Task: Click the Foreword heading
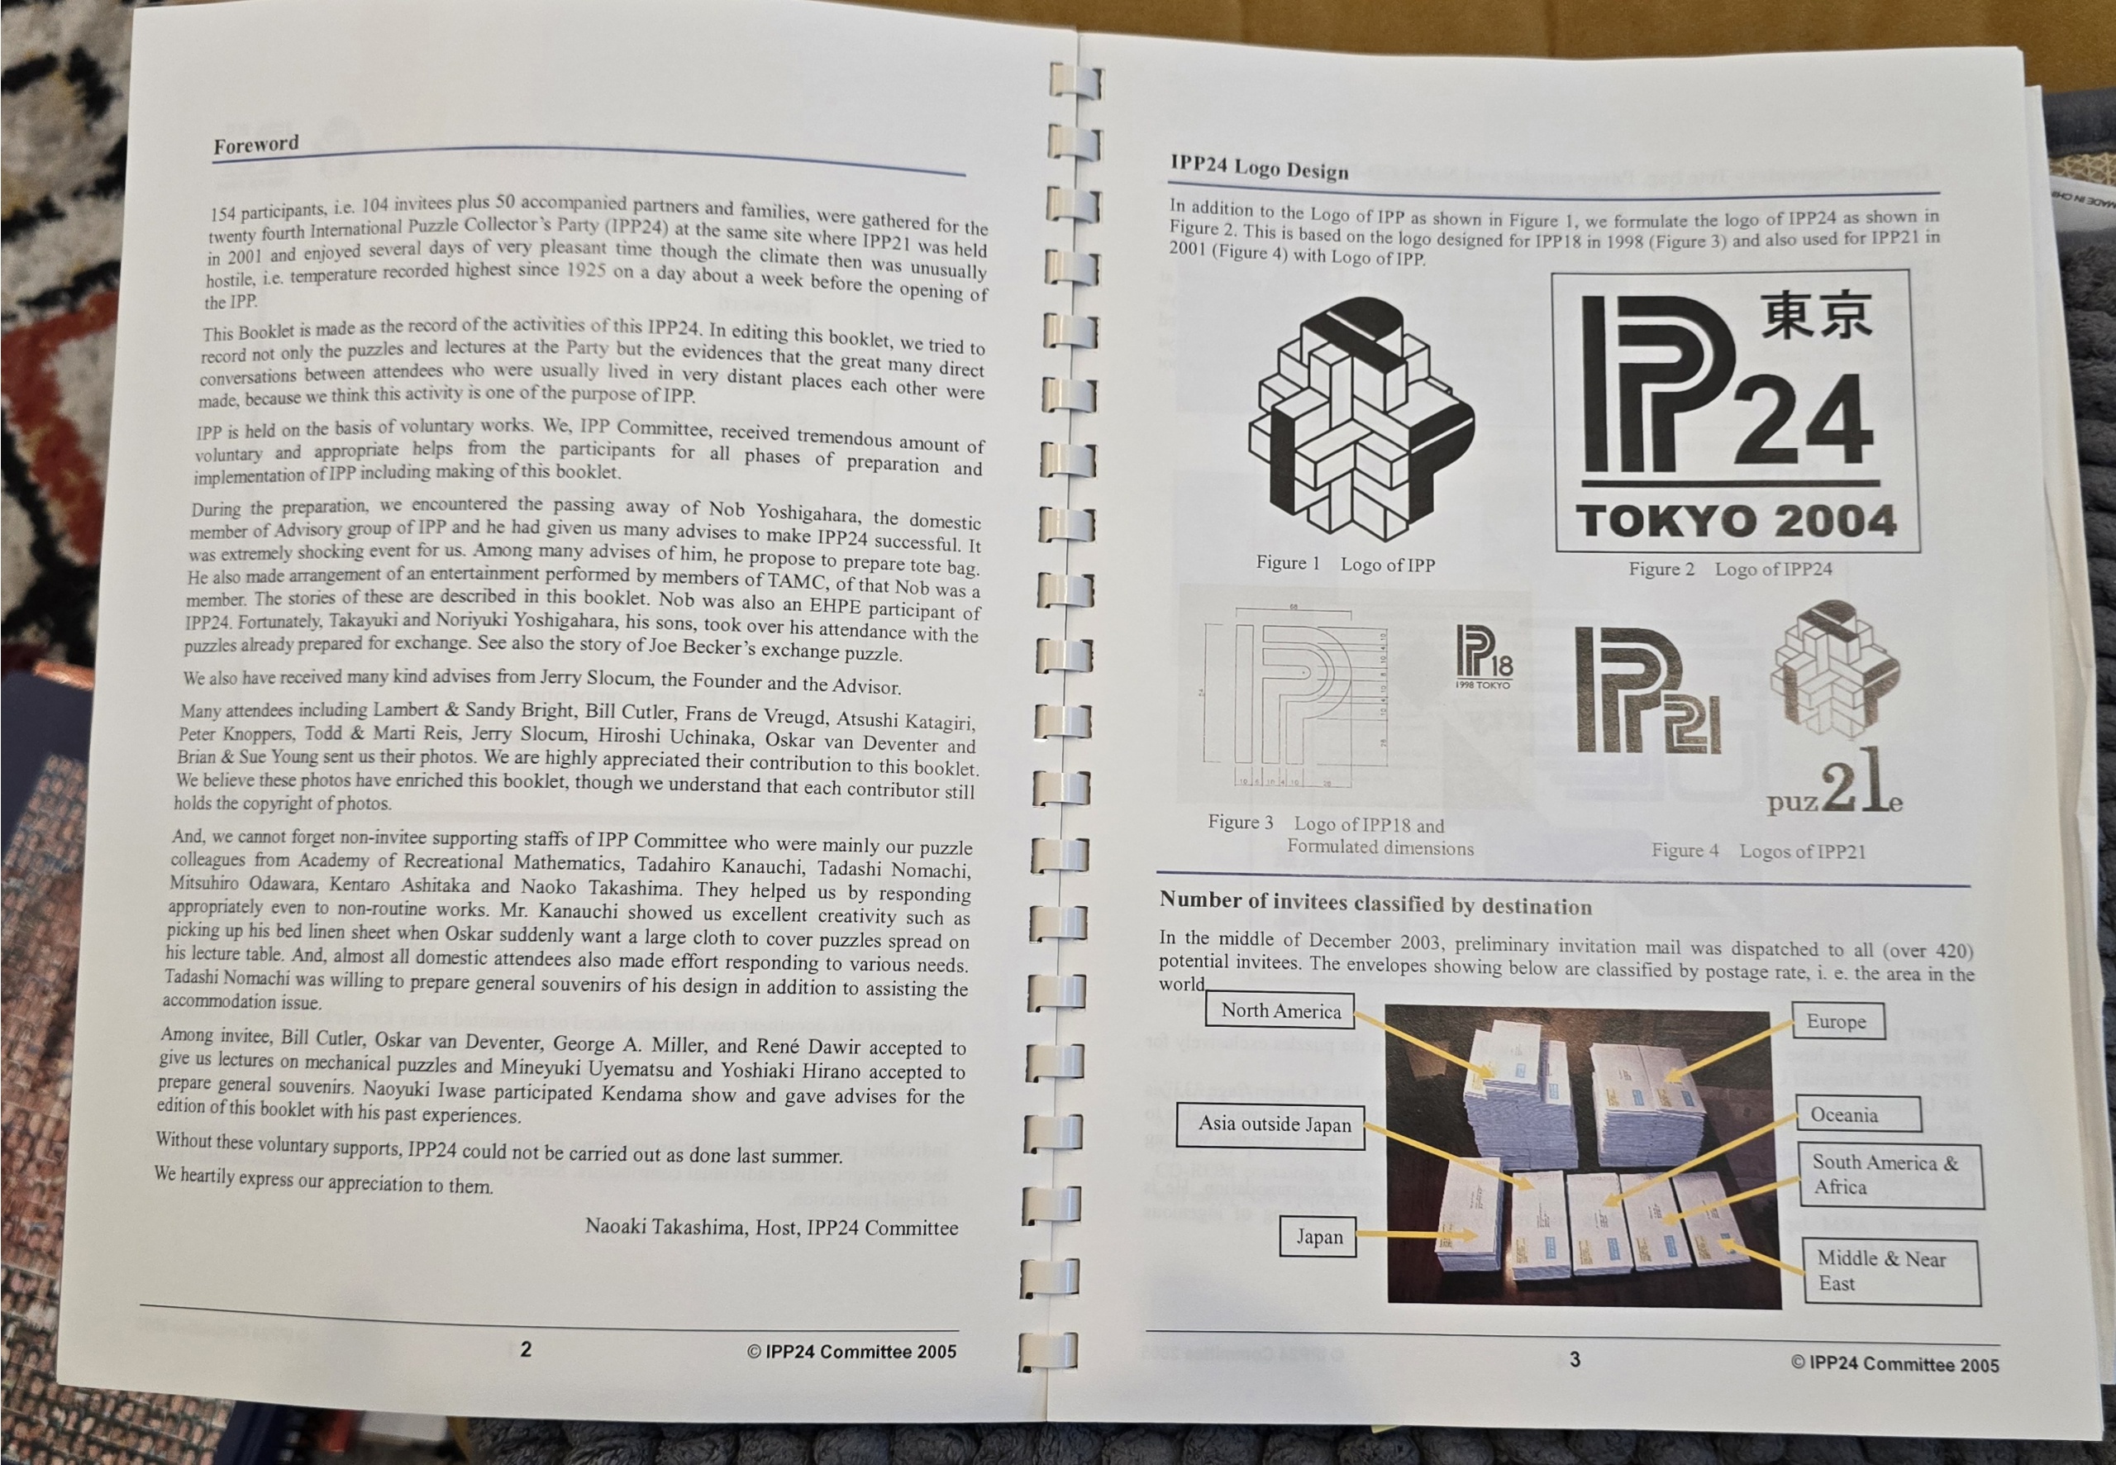click(256, 144)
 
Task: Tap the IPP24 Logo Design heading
click(1259, 167)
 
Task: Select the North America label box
click(1280, 1010)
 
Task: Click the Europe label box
click(1838, 1022)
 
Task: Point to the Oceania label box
click(1858, 1114)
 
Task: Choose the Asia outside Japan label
click(1271, 1125)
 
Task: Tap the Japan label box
click(1318, 1237)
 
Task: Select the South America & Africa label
click(1890, 1175)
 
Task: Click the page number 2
click(526, 1348)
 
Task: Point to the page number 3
click(1575, 1359)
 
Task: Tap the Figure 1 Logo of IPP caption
click(1345, 564)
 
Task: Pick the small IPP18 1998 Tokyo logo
click(1483, 656)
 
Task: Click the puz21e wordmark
click(1835, 783)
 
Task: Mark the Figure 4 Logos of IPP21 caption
click(1758, 851)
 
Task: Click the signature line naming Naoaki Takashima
click(772, 1226)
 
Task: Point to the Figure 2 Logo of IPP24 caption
click(1730, 569)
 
